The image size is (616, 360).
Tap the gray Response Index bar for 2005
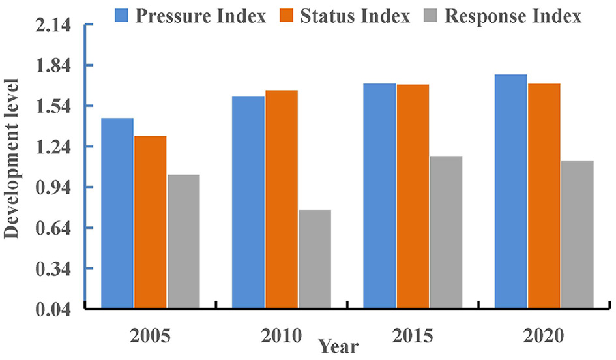183,241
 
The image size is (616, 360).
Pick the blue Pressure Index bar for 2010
248,202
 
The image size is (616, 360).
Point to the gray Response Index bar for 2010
314,259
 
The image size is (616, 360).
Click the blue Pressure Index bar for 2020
510,191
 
